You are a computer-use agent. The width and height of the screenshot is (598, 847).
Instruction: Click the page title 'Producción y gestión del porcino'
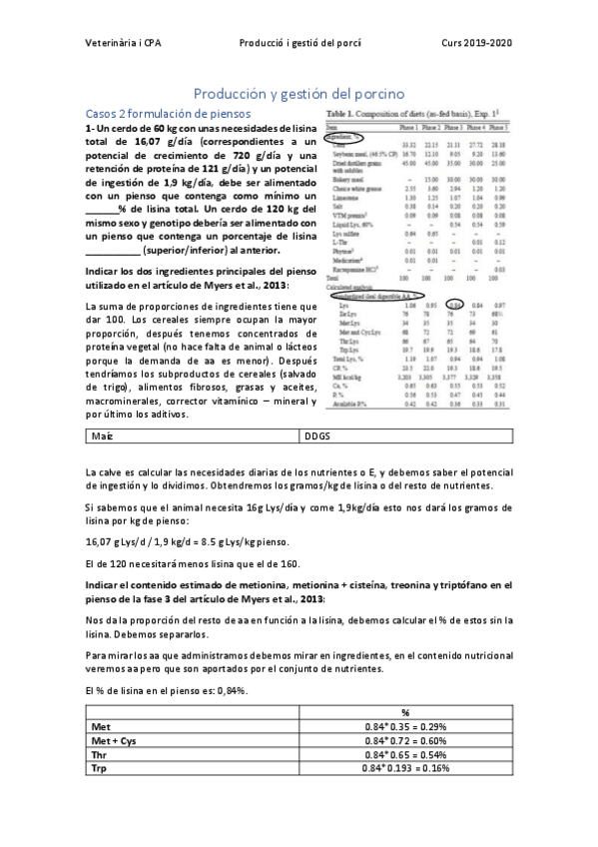click(299, 92)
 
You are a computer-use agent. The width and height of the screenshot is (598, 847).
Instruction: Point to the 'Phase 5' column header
click(496, 128)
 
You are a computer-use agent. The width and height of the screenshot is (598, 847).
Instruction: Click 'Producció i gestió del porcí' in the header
click(299, 43)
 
